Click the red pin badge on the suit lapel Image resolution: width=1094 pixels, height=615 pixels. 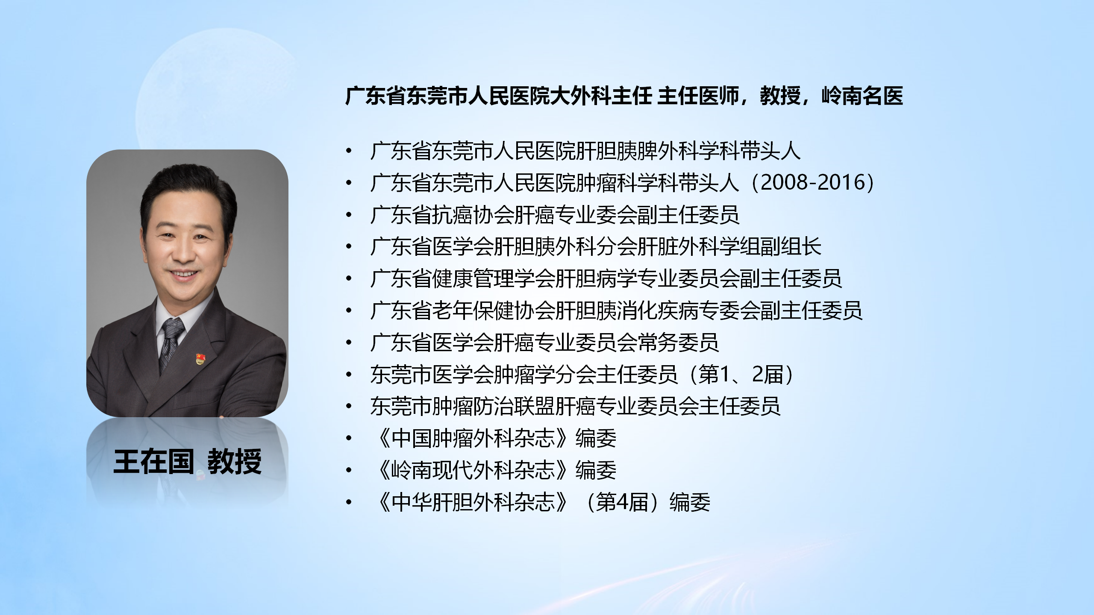pyautogui.click(x=200, y=359)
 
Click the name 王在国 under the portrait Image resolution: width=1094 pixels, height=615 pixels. pyautogui.click(x=153, y=462)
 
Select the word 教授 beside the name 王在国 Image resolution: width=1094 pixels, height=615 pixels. pyautogui.click(x=235, y=462)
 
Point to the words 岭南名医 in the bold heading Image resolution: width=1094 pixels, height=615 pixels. pyautogui.click(x=862, y=96)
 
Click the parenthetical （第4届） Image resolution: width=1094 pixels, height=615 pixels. pyautogui.click(x=625, y=502)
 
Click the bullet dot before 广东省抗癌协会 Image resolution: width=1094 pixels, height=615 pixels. pyautogui.click(x=349, y=215)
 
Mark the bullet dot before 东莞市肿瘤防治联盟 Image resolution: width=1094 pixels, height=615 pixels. pyautogui.click(x=349, y=407)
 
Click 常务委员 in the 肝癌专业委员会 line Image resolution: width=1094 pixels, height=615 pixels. pyautogui.click(x=678, y=343)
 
